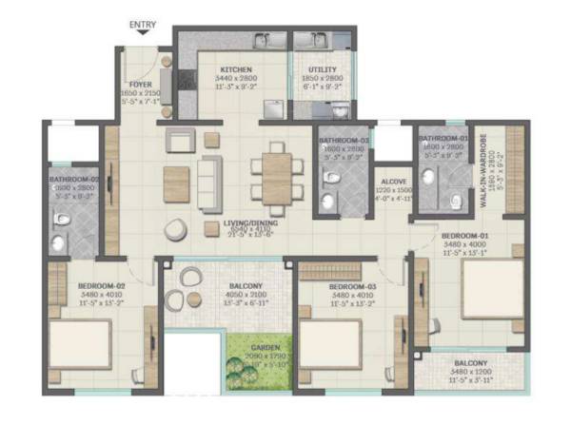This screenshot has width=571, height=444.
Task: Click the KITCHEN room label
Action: tap(235, 70)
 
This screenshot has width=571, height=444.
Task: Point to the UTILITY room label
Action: tap(319, 70)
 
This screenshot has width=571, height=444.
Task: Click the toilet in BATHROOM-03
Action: tap(329, 181)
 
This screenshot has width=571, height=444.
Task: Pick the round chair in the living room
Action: tap(176, 229)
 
